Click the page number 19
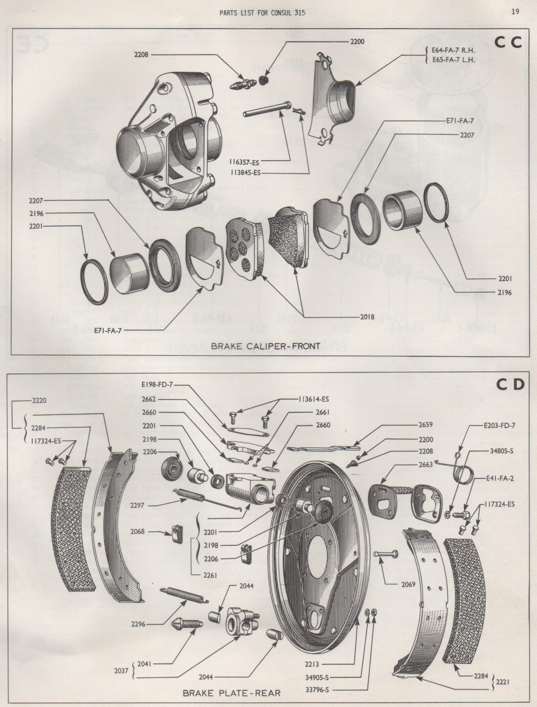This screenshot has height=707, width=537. pos(515,12)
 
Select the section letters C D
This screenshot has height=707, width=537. pos(509,385)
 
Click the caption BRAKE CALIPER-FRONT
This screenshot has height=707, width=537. pos(265,346)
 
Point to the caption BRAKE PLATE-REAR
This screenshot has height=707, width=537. pos(231,693)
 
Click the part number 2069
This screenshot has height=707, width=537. pos(408,585)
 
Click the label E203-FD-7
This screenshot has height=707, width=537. pos(499,425)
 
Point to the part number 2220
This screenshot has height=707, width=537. pos(38,401)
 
